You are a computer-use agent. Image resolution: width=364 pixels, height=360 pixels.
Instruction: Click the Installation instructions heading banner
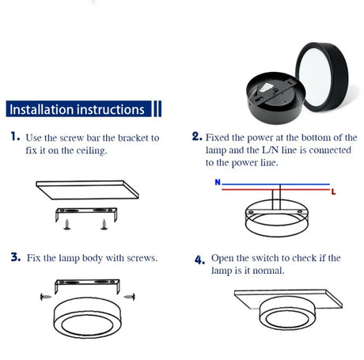click(76, 108)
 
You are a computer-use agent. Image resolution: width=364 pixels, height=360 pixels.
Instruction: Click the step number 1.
click(15, 137)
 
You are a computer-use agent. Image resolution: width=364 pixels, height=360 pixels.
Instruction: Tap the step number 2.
click(196, 136)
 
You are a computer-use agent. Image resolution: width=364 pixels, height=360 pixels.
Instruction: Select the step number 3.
click(15, 257)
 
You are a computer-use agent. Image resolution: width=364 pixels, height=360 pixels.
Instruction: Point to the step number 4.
click(199, 260)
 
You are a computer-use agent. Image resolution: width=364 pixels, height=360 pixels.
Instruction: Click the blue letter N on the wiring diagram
click(217, 182)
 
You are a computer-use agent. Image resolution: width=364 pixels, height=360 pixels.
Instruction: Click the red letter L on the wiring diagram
click(334, 192)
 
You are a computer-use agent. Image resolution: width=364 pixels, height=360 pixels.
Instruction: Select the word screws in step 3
click(141, 258)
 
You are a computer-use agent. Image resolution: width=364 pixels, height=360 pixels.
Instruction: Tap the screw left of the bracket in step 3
click(43, 295)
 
